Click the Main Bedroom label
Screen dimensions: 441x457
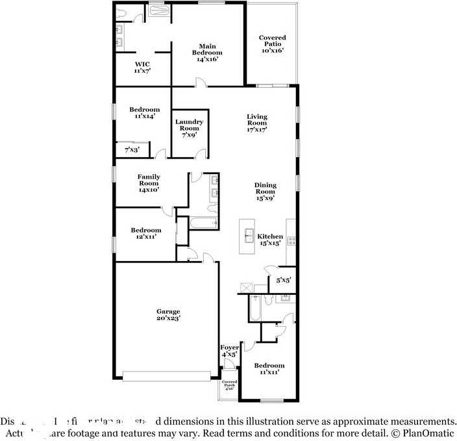point(207,52)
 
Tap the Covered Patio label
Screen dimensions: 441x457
point(272,44)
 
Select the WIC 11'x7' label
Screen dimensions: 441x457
point(142,68)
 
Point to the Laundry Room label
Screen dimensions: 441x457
point(190,125)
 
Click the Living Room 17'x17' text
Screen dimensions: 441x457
point(256,123)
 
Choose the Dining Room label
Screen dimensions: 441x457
point(264,192)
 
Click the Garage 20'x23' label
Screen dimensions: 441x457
point(167,315)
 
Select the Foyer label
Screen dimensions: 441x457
point(230,351)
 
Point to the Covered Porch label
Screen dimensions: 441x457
point(229,385)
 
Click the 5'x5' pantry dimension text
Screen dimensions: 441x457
point(283,281)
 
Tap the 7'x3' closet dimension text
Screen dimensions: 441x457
point(132,150)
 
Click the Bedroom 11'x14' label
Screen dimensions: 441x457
point(144,113)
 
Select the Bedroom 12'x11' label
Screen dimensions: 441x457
point(145,234)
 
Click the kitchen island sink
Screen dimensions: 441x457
point(247,237)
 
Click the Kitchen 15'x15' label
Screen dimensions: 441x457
point(270,240)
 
